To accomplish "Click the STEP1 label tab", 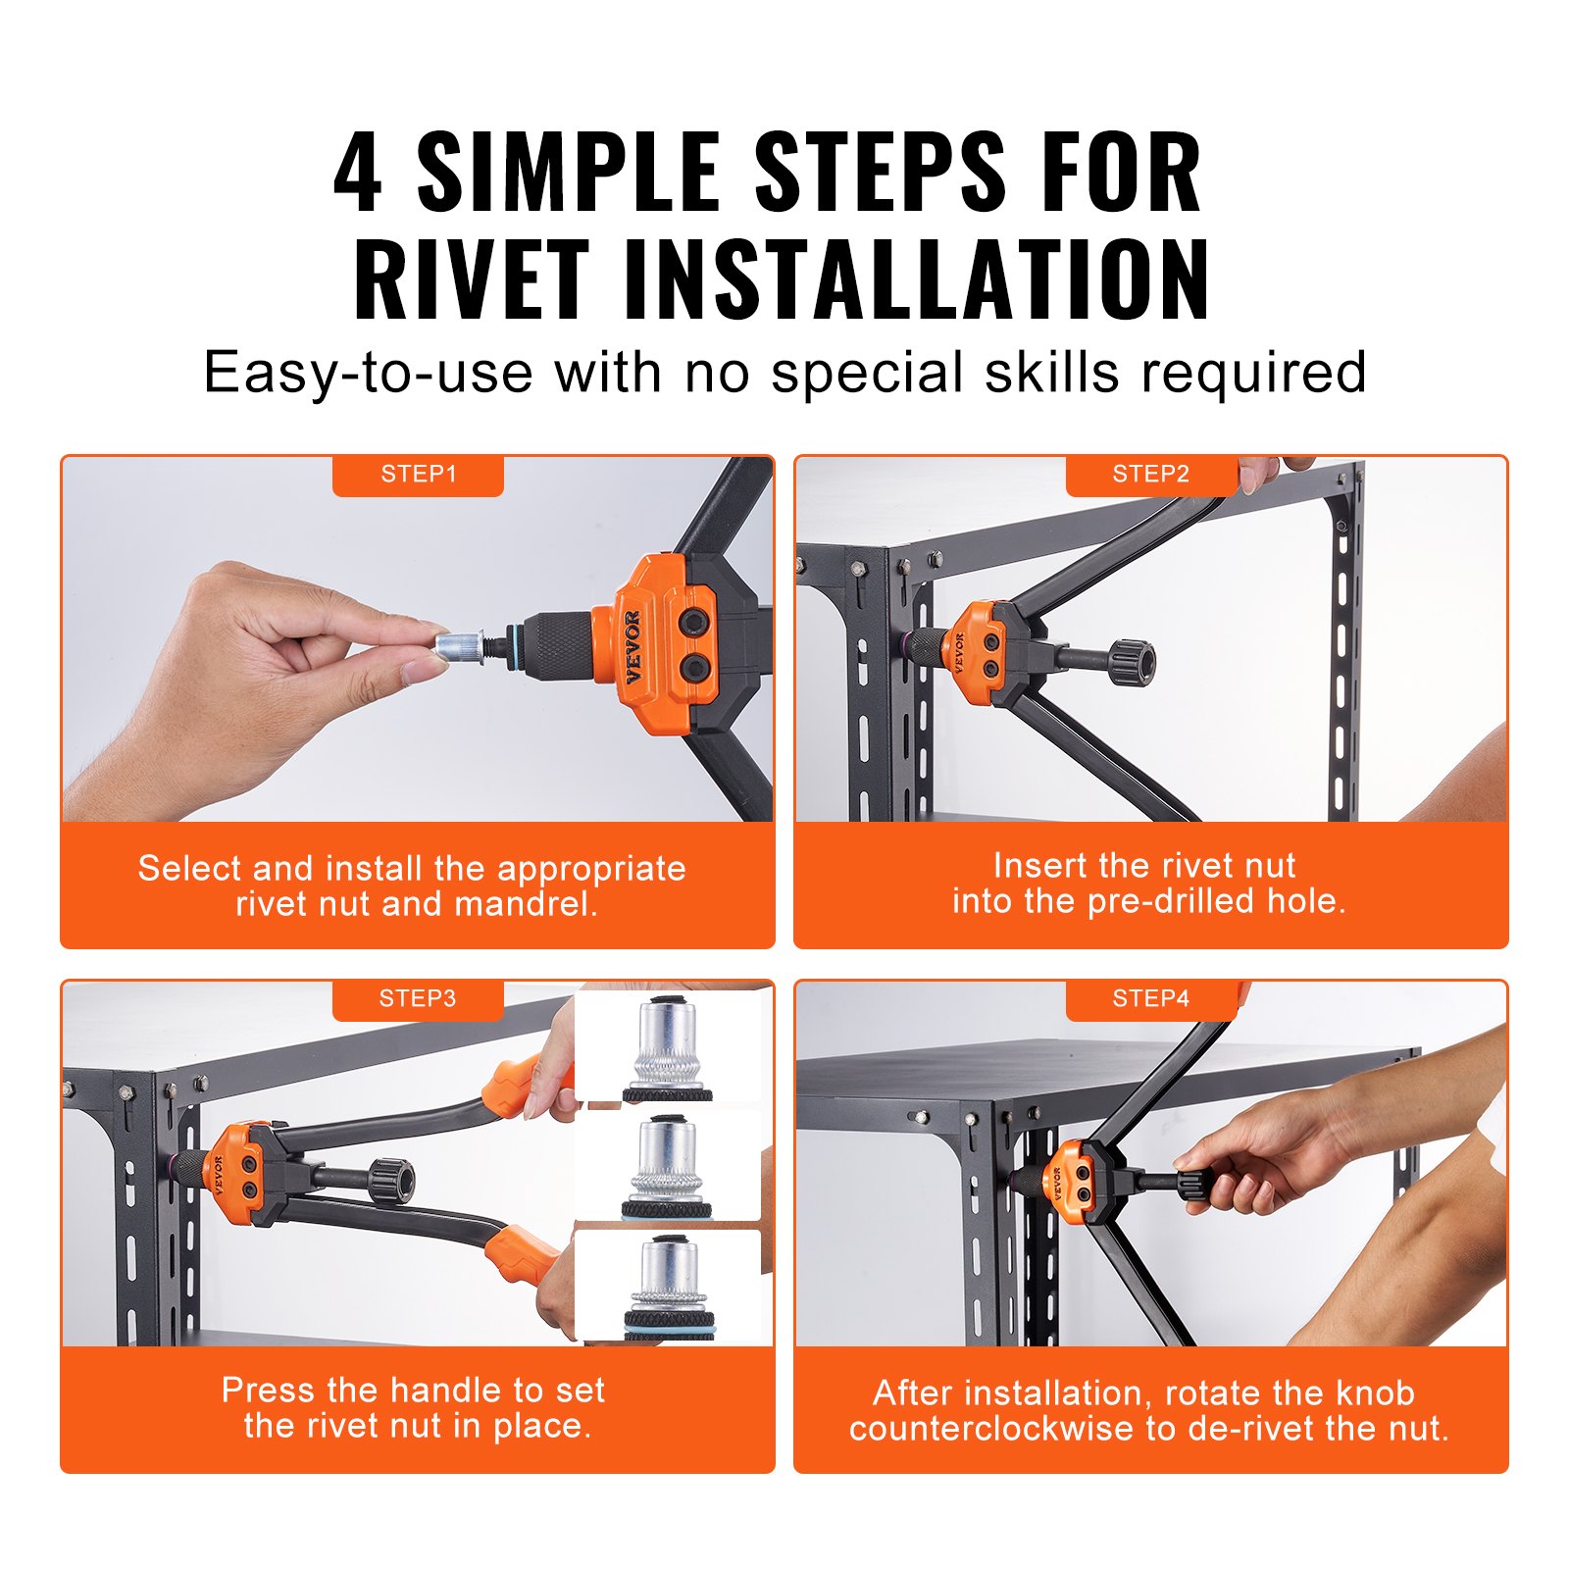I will coord(418,475).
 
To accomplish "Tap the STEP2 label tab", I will coord(1150,475).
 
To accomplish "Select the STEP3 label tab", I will coord(418,999).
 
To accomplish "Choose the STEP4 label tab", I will coord(1150,999).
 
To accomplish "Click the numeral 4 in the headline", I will coord(359,173).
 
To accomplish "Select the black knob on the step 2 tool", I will coord(1133,663).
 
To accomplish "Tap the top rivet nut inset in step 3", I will coord(668,1049).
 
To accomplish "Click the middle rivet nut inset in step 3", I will coord(666,1167).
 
